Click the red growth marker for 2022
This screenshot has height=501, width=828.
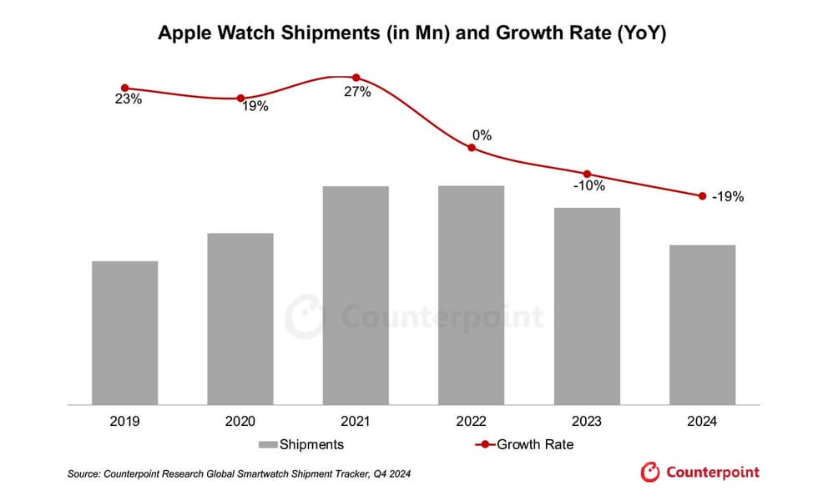472,148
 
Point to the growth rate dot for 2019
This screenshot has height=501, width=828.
125,88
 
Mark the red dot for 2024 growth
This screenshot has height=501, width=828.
702,196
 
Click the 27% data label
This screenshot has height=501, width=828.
357,92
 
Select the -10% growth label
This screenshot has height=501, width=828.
588,185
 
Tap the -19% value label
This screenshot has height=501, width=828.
727,197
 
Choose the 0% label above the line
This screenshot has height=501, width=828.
482,134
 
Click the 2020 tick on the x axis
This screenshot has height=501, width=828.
240,423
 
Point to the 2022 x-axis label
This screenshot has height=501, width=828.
472,423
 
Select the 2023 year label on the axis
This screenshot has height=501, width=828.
587,423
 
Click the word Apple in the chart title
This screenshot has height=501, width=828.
181,34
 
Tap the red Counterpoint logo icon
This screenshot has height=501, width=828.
650,473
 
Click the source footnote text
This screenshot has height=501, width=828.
239,474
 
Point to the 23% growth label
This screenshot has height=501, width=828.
129,99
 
